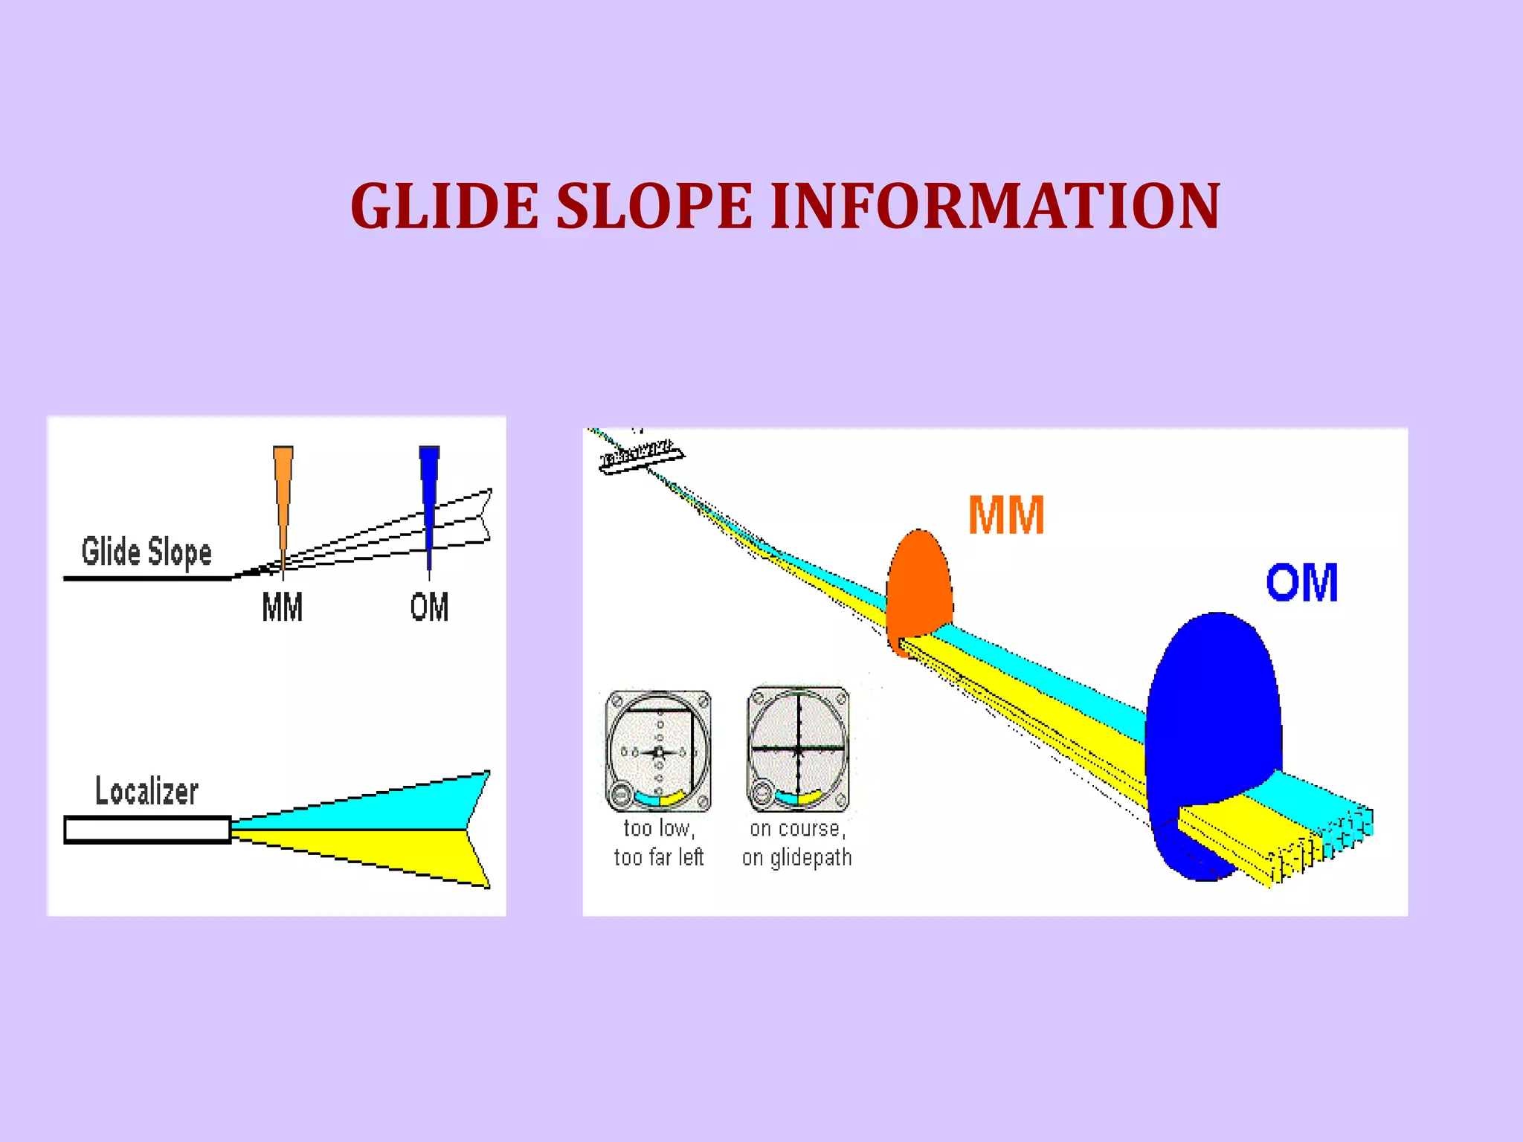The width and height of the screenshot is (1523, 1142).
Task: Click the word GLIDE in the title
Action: pos(445,206)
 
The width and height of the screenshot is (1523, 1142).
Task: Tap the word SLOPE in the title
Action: pos(654,206)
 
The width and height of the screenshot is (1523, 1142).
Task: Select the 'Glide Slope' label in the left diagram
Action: pos(146,552)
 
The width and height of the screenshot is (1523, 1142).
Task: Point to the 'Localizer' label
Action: pos(146,790)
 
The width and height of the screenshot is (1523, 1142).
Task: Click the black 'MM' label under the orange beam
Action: pos(283,607)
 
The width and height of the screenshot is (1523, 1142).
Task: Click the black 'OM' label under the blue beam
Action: pos(429,607)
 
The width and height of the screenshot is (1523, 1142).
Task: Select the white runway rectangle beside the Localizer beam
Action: pos(147,830)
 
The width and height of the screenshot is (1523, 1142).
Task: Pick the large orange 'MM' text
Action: pos(1006,515)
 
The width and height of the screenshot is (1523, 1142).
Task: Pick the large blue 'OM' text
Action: pos(1302,582)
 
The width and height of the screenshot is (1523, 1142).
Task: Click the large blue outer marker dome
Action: pos(1212,714)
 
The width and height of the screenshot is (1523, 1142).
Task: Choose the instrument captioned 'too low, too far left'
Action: pos(658,751)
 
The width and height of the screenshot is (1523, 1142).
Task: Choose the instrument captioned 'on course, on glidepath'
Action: pos(798,749)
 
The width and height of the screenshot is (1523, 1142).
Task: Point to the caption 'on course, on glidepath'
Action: pos(797,843)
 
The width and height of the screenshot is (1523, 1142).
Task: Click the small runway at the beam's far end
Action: pos(641,457)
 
